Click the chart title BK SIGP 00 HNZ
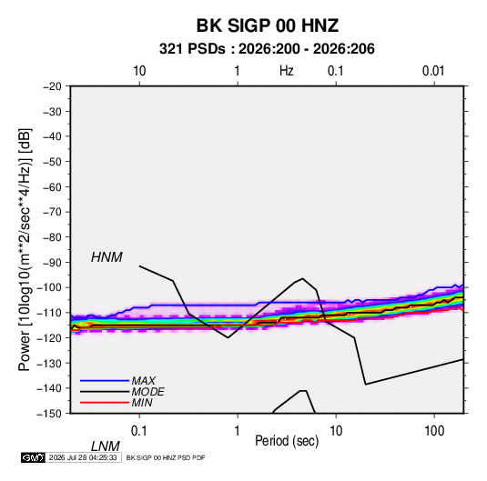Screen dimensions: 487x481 267,25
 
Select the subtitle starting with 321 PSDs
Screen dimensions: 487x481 267,49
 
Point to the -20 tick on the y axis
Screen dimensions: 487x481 52,86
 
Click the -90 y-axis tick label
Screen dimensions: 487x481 52,263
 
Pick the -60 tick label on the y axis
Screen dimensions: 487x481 52,187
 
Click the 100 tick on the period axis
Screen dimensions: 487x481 434,431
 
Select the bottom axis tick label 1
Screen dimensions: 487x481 238,431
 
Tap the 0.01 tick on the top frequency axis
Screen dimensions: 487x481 433,71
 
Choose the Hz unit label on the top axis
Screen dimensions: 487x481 287,71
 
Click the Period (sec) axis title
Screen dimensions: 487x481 287,441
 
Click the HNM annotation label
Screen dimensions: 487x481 107,257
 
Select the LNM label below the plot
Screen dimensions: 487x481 105,446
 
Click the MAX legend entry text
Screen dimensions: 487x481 144,381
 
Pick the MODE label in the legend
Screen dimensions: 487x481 147,392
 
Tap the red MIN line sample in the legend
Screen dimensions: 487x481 105,403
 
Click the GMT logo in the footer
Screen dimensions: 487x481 33,457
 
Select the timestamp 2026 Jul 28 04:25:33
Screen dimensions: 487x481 83,457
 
